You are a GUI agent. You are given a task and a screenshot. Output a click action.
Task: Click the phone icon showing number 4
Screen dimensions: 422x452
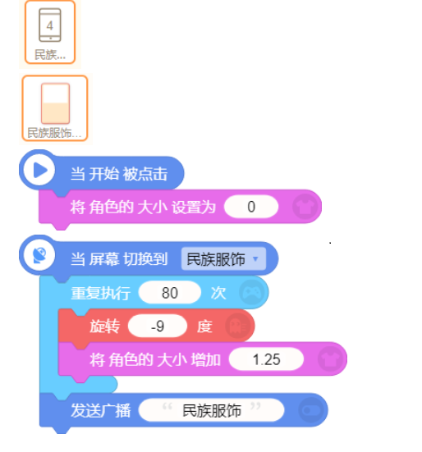(x=50, y=25)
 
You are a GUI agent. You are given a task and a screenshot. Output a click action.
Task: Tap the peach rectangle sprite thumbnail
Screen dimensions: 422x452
(x=55, y=103)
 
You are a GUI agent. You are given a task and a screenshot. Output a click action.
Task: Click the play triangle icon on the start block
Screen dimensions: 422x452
(x=40, y=170)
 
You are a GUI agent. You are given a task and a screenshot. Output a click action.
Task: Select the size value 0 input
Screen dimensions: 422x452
(x=251, y=207)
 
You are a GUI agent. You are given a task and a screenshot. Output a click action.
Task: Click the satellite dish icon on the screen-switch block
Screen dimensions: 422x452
(x=39, y=255)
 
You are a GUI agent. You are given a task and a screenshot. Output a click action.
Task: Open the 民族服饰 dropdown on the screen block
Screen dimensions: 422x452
(x=223, y=259)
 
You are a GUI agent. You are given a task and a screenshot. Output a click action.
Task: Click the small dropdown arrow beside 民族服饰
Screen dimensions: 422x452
(x=255, y=259)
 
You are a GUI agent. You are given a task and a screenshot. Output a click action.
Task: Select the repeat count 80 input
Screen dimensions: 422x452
(x=170, y=293)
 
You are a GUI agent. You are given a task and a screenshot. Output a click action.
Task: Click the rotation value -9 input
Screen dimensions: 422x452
(x=158, y=326)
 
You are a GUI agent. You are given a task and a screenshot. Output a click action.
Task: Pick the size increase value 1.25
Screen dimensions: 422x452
(x=266, y=359)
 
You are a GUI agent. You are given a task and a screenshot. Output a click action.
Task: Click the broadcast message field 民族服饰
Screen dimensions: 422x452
(x=212, y=410)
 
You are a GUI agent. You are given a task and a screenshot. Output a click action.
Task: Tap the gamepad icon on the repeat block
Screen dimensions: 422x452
(x=252, y=293)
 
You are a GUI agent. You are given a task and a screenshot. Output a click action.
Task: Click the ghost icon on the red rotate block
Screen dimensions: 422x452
(x=237, y=326)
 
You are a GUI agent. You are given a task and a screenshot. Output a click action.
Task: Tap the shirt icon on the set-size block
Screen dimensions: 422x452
(x=305, y=207)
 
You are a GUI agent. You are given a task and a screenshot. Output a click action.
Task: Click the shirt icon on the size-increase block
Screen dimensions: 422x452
(x=330, y=359)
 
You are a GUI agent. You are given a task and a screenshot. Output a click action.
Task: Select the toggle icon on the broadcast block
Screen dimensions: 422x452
(x=310, y=410)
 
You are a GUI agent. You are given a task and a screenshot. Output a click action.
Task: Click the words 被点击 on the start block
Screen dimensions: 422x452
(x=144, y=174)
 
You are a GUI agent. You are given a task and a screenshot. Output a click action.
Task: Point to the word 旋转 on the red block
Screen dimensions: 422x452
(x=104, y=326)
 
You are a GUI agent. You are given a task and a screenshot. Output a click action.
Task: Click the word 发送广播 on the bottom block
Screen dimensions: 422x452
(x=101, y=410)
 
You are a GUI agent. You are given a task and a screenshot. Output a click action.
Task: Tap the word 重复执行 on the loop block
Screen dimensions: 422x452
(x=101, y=293)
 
